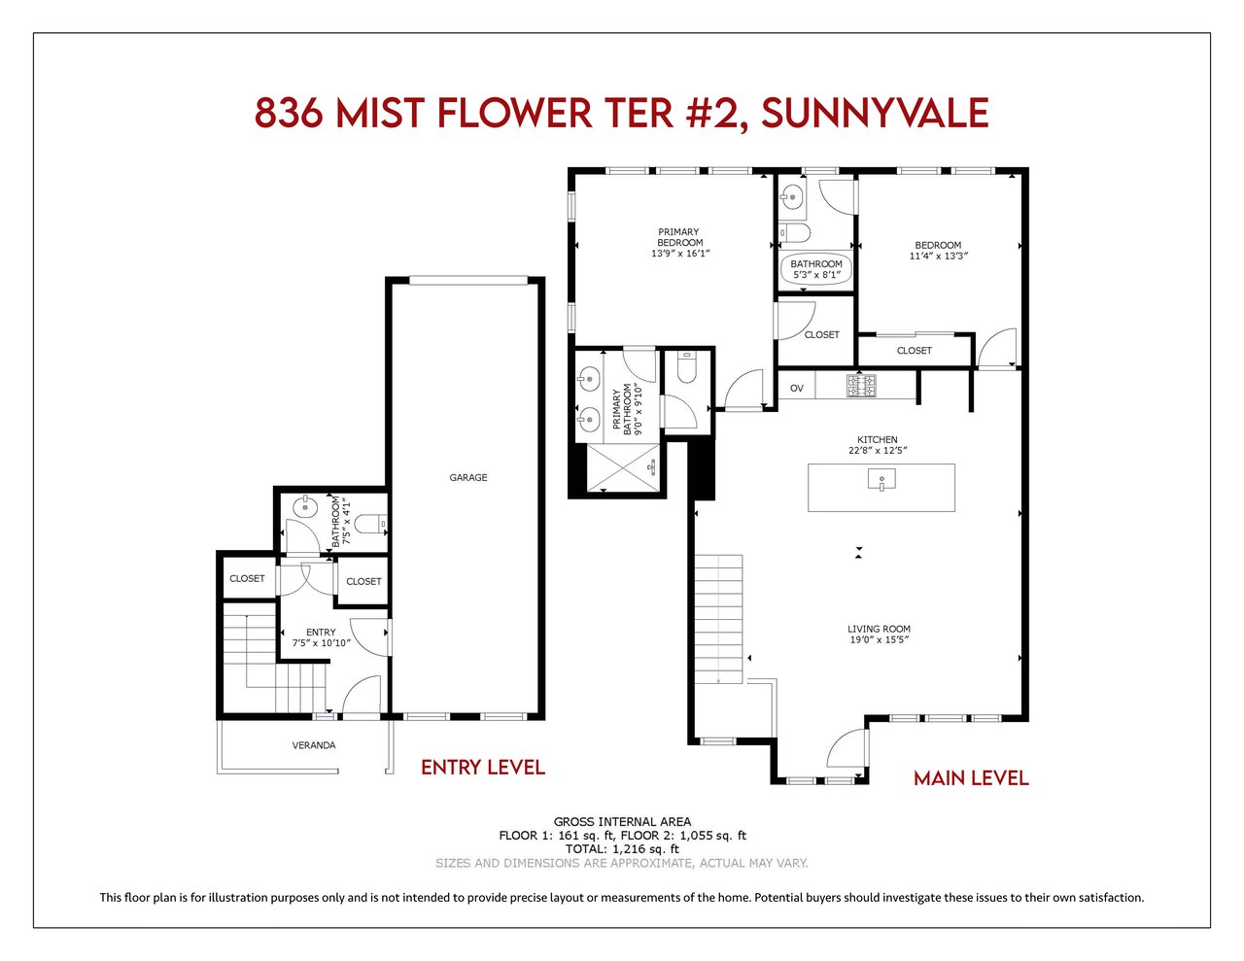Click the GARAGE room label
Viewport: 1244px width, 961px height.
pyautogui.click(x=467, y=477)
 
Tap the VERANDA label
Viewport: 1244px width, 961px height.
pyautogui.click(x=314, y=745)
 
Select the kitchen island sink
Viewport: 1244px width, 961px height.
pyautogui.click(x=881, y=480)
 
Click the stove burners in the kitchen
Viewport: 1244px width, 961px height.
pyautogui.click(x=861, y=385)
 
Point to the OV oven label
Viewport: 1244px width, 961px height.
pyautogui.click(x=797, y=388)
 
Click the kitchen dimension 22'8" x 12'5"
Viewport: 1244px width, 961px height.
pyautogui.click(x=878, y=451)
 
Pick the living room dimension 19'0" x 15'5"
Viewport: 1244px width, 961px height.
pyautogui.click(x=879, y=639)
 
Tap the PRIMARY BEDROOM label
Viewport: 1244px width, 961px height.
pyautogui.click(x=679, y=237)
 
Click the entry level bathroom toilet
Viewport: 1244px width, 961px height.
pyautogui.click(x=371, y=523)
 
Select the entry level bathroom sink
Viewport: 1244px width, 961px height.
pyautogui.click(x=304, y=506)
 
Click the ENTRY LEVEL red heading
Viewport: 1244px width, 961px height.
pyautogui.click(x=483, y=768)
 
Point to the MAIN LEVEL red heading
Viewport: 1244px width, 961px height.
pyautogui.click(x=971, y=778)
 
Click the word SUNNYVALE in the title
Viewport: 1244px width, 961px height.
pyautogui.click(x=875, y=113)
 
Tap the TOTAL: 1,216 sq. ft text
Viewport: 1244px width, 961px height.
pyautogui.click(x=622, y=849)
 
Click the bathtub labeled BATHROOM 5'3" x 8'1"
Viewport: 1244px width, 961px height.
pyautogui.click(x=816, y=269)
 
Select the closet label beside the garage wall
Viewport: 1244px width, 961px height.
pyautogui.click(x=363, y=581)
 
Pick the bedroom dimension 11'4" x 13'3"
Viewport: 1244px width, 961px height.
pyautogui.click(x=938, y=256)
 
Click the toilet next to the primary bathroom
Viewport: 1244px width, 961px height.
pyautogui.click(x=686, y=366)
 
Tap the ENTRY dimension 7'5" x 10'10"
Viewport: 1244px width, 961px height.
pyautogui.click(x=321, y=642)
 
